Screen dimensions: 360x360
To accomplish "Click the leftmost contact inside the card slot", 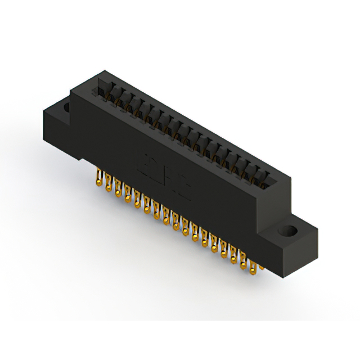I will tap(105, 90).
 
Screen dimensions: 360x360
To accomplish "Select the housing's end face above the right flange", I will tap(276, 202).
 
